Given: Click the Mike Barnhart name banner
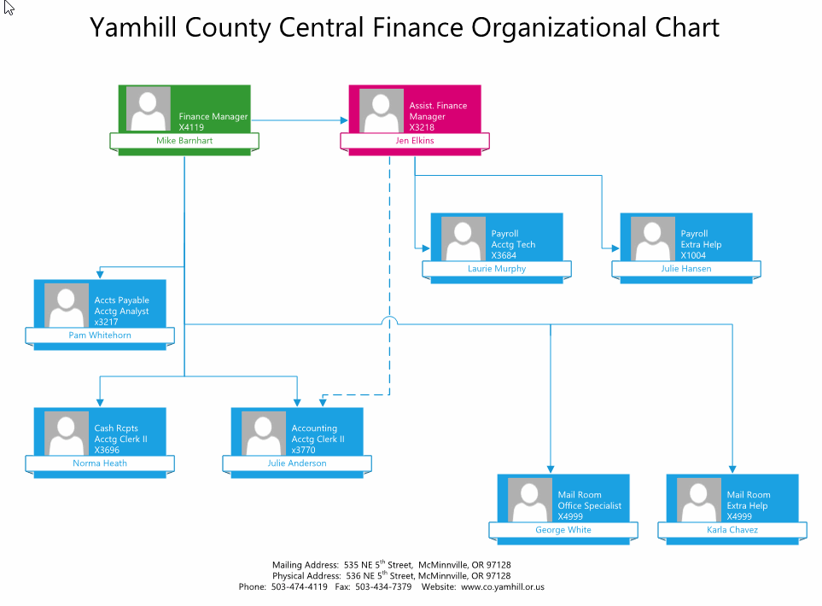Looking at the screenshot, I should click(184, 141).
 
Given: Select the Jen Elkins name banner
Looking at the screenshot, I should click(415, 141).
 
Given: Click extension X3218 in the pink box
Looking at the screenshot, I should click(422, 127).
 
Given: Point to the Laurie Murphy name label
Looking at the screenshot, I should click(497, 269).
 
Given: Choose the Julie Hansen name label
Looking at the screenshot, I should click(685, 269).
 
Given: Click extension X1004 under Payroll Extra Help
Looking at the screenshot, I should click(693, 255).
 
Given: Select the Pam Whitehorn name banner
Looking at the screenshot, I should click(100, 335).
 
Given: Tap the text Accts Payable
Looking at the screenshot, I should click(122, 300).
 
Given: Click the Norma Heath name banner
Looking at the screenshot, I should click(100, 463).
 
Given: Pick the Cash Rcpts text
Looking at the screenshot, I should click(116, 428).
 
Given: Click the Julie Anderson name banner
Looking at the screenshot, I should click(297, 463).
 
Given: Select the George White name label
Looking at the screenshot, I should click(563, 530).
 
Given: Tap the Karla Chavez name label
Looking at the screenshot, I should click(732, 530).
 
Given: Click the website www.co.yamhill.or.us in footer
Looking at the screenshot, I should click(502, 587).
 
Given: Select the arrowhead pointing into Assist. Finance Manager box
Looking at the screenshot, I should click(344, 120).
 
